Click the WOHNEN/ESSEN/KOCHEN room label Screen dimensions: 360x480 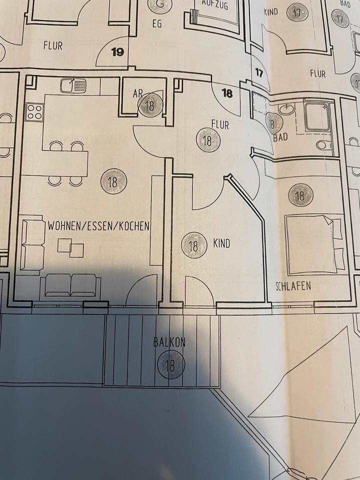click(98, 226)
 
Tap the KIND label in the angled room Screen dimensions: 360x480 click(221, 243)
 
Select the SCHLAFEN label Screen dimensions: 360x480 click(293, 286)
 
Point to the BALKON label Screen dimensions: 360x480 click(169, 342)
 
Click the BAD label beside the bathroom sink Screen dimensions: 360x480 click(280, 137)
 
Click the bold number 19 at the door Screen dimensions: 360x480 click(117, 52)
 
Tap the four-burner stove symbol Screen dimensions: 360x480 click(34, 111)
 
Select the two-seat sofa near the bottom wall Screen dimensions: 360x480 click(70, 285)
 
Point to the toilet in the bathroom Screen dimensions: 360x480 click(324, 145)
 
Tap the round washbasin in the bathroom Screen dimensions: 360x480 click(286, 109)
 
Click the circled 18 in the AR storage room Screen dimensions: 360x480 click(149, 106)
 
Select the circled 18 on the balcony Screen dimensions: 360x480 click(170, 365)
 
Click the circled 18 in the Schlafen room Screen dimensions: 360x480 click(300, 195)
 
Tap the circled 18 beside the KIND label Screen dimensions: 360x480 click(193, 246)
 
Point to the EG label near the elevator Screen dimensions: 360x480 click(157, 24)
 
